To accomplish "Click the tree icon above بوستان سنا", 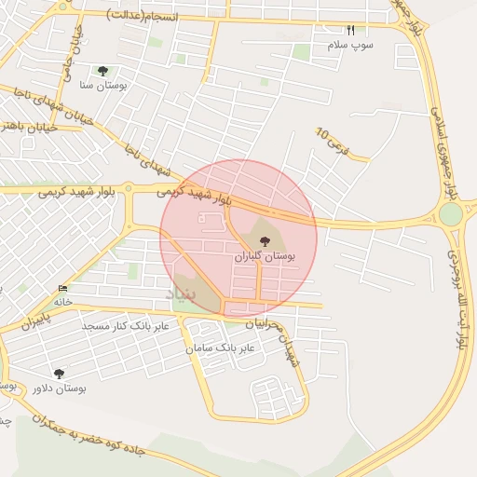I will point(102,71).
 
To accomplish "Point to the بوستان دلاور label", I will point(59,387).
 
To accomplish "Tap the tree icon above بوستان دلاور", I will point(59,374).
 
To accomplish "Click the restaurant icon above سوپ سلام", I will point(350,30).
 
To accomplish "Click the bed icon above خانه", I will point(61,288).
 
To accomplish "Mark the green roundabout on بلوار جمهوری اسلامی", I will point(451,214).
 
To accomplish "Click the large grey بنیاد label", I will point(184,293).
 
